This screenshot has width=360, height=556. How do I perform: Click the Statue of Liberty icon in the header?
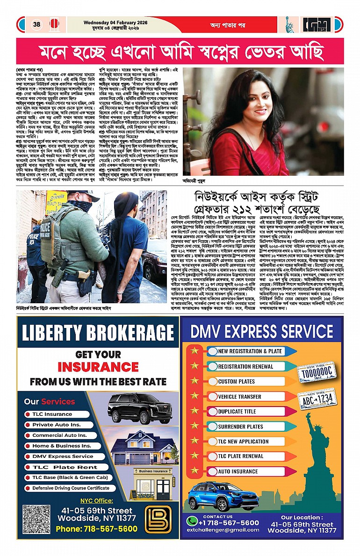(290, 25)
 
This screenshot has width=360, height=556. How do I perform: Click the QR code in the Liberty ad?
(36, 519)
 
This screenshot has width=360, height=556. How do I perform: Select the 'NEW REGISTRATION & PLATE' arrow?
(250, 351)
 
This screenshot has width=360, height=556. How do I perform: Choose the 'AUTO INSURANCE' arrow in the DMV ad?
(238, 471)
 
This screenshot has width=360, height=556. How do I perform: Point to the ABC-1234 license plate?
(317, 399)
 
